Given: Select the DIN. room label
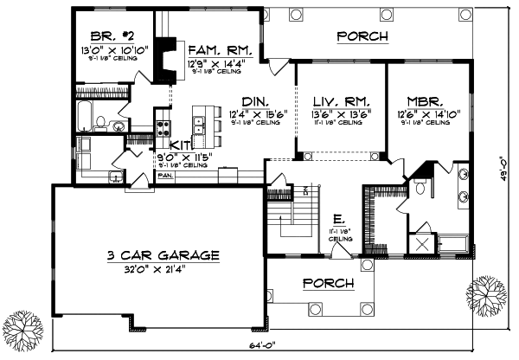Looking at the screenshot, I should point(253,100).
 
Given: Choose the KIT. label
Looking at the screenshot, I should point(180,145).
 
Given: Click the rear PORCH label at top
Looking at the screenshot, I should point(362,36).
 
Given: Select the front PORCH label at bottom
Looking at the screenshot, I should point(328,283).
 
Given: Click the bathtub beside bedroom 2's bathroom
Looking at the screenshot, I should point(86,114).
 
